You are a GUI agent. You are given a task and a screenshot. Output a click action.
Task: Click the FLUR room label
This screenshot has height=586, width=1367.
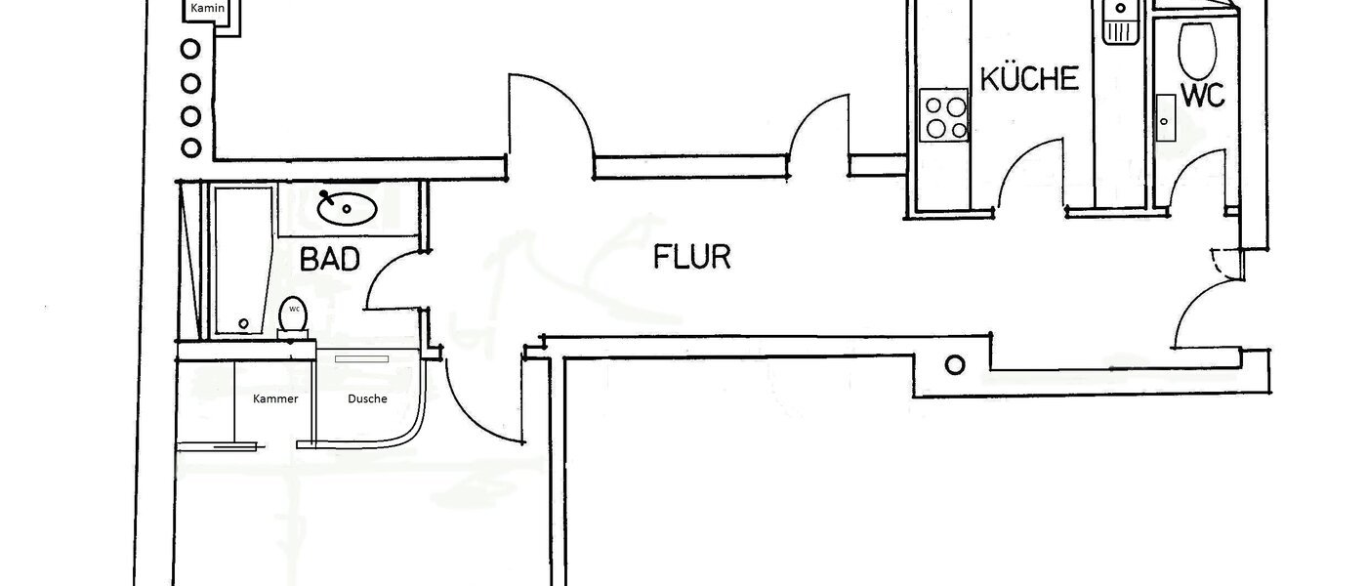coord(691,258)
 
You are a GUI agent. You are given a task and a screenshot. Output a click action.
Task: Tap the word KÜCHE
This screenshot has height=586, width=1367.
coord(1029,79)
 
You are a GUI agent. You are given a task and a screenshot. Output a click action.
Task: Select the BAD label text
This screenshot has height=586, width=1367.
coord(330,260)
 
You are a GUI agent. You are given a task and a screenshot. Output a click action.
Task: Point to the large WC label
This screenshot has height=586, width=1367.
coord(1202,96)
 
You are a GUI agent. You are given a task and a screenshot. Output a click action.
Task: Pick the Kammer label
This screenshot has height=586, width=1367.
coord(274,398)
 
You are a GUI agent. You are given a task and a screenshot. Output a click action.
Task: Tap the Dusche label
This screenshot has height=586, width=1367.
coord(367,398)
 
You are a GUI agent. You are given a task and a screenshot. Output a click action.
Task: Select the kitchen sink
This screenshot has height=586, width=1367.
coord(1118,22)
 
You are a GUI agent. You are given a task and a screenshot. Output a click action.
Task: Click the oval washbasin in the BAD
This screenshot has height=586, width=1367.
coord(347,207)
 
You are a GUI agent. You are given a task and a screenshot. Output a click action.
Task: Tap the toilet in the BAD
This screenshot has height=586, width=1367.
coord(293,315)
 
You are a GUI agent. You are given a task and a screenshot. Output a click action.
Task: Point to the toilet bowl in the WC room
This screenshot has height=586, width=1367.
coord(1195,49)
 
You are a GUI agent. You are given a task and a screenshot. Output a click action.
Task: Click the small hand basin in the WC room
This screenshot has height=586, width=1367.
coord(1165,118)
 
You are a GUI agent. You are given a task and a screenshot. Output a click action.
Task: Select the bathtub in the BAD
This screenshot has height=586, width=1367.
coord(242,259)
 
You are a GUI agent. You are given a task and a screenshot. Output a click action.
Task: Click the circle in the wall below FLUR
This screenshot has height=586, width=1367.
coord(955,364)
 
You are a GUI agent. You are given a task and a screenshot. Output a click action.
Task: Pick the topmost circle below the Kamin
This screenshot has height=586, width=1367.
coord(191,49)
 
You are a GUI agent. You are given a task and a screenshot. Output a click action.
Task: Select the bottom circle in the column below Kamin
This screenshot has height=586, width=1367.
coord(191,148)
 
